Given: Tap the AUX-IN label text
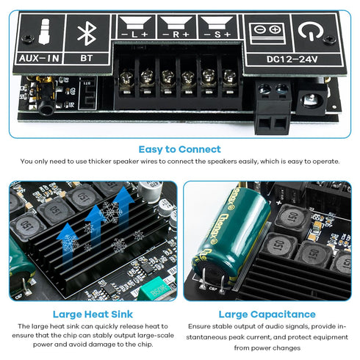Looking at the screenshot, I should (x=37, y=56).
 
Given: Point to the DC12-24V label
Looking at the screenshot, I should (x=292, y=57).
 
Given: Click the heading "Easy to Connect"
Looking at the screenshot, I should (x=180, y=148).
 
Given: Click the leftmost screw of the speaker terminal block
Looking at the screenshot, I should (x=126, y=76).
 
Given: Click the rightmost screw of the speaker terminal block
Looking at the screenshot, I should (x=230, y=76).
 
